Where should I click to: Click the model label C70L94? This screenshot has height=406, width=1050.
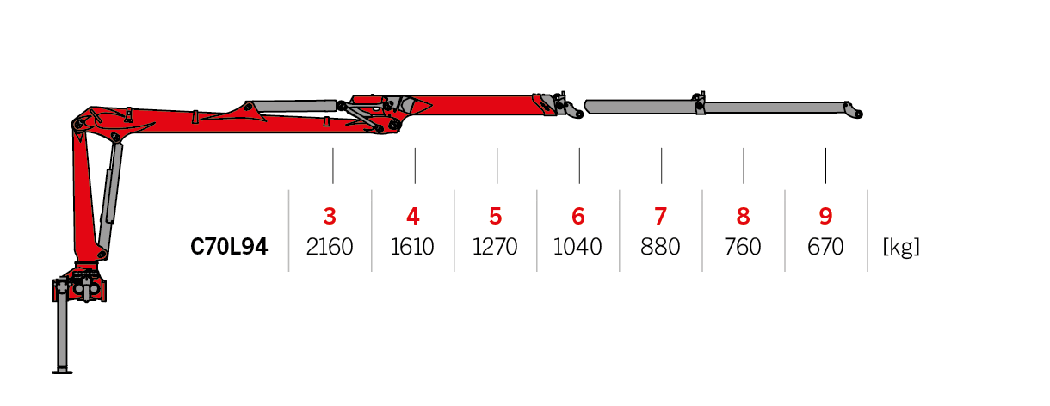pyautogui.click(x=229, y=248)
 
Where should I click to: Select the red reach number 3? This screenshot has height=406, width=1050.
pyautogui.click(x=330, y=216)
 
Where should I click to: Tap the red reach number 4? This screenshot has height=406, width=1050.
pyautogui.click(x=412, y=216)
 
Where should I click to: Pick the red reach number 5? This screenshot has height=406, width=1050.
pyautogui.click(x=495, y=216)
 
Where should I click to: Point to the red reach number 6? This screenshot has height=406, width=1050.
pyautogui.click(x=577, y=216)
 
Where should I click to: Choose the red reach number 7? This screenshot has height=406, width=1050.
pyautogui.click(x=660, y=216)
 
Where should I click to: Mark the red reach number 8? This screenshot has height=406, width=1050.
pyautogui.click(x=743, y=216)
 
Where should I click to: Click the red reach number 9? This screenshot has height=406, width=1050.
pyautogui.click(x=825, y=216)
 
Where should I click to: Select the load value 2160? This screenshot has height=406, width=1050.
pyautogui.click(x=330, y=248)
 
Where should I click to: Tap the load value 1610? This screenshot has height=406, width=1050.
pyautogui.click(x=412, y=248)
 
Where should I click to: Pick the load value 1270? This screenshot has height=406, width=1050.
pyautogui.click(x=495, y=248)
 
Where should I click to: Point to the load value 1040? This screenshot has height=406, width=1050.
pyautogui.click(x=577, y=248)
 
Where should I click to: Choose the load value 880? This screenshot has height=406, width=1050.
pyautogui.click(x=660, y=248)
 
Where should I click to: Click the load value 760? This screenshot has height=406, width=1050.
pyautogui.click(x=743, y=248)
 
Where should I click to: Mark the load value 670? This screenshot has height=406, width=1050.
pyautogui.click(x=825, y=248)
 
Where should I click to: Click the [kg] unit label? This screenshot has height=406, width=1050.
pyautogui.click(x=901, y=248)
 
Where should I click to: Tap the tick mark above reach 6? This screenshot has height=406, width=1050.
pyautogui.click(x=579, y=165)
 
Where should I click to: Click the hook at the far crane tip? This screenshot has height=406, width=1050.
pyautogui.click(x=854, y=113)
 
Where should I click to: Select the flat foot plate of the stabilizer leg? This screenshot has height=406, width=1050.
pyautogui.click(x=62, y=372)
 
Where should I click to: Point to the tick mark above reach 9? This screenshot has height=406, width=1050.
pyautogui.click(x=825, y=165)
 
